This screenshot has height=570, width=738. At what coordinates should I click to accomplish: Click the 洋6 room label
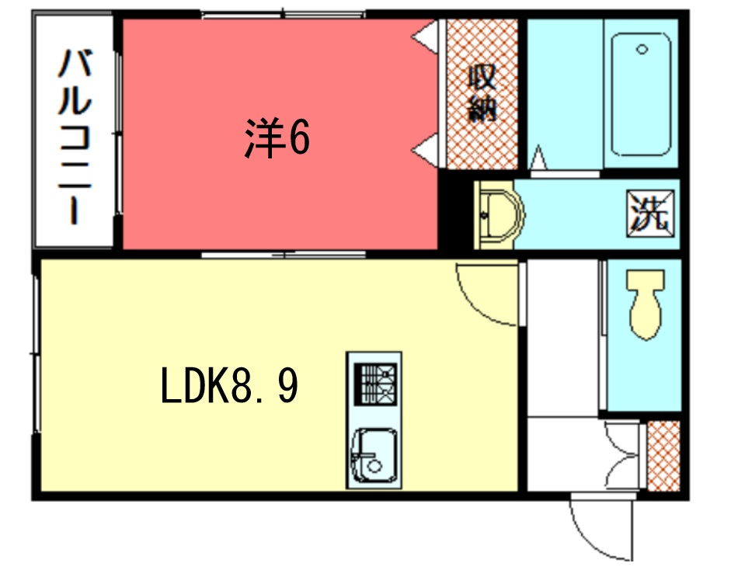pyautogui.click(x=277, y=137)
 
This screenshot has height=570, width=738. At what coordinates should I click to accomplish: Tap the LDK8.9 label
pyautogui.click(x=229, y=385)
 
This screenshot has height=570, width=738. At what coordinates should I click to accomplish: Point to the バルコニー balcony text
pyautogui.click(x=75, y=137)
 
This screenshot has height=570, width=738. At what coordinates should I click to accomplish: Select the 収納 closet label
pyautogui.click(x=482, y=94)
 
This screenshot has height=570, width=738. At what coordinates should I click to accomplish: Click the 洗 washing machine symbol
pyautogui.click(x=650, y=214)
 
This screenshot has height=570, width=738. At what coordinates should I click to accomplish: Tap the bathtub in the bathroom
pyautogui.click(x=641, y=94)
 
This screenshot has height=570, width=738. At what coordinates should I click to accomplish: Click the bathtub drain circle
pyautogui.click(x=642, y=49)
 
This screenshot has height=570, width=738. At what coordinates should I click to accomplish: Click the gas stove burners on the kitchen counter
pyautogui.click(x=375, y=384)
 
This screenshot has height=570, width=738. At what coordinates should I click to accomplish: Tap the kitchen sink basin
pyautogui.click(x=374, y=455)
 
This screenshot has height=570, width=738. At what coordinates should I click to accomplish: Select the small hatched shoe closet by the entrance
pyautogui.click(x=663, y=456)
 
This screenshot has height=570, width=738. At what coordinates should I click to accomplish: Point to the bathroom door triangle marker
pyautogui.click(x=538, y=158)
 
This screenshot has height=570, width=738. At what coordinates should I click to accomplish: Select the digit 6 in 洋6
pyautogui.click(x=299, y=137)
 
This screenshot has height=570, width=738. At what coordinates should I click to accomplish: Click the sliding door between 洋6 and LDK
pyautogui.click(x=284, y=255)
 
